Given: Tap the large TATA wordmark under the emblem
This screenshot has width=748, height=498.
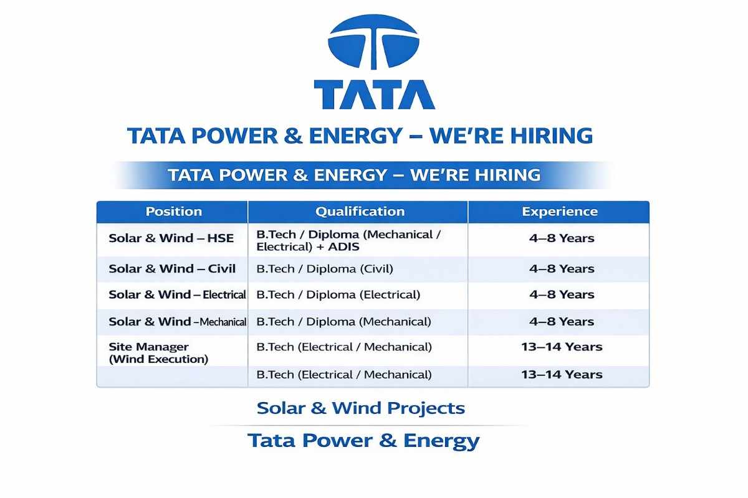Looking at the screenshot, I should tap(374, 95).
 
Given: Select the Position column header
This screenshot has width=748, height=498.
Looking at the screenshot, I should tap(173, 212).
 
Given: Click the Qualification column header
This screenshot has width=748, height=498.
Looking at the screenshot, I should tap(360, 212).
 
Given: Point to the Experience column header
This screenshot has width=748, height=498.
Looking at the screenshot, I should tap(559, 212).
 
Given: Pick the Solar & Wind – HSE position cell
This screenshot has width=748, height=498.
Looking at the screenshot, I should tap(171, 238).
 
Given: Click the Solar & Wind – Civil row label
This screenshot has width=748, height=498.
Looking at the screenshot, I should tap(172, 269).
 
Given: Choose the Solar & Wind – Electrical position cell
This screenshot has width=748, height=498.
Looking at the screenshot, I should tap(177, 294).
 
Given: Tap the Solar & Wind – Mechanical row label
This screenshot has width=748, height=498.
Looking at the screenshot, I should tap(178, 322).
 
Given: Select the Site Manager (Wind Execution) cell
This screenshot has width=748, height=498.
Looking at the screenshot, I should tap(158, 353).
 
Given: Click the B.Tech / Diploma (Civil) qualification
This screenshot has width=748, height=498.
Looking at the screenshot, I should tap(325, 269).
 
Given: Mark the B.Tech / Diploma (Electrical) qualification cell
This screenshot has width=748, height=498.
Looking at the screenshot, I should tap(338, 294).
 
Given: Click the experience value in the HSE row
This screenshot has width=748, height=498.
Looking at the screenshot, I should tap(562, 238).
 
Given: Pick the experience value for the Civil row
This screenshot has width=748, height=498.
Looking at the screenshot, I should tap(562, 269).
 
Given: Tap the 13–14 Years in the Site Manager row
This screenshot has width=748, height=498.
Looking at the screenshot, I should tap(562, 347).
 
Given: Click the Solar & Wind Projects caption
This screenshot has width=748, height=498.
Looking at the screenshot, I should tap(361, 408).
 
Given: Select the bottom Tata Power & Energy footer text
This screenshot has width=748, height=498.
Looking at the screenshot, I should tap(363, 441).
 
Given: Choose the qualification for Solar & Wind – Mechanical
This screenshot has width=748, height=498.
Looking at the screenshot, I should tap(343, 322).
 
